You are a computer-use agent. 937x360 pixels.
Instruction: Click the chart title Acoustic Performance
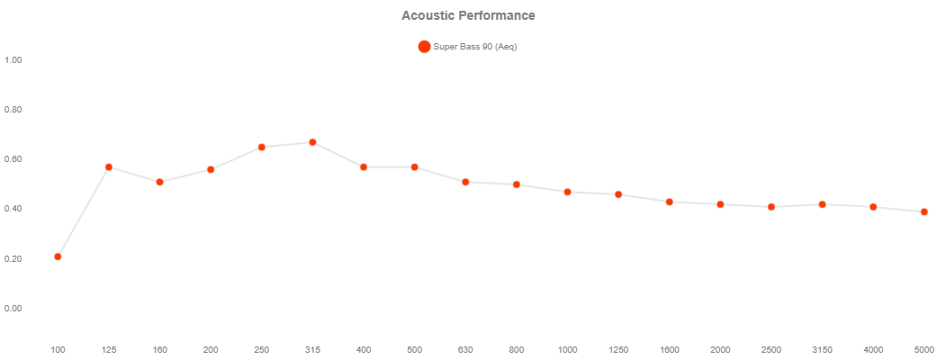click(468, 15)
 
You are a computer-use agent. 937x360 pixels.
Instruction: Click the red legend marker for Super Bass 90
click(424, 47)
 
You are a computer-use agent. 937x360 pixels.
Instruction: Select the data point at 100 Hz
click(58, 256)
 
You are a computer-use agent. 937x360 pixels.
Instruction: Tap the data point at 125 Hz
click(109, 166)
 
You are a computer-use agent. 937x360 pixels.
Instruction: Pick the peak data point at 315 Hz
click(312, 142)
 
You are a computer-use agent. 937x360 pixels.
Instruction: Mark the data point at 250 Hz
click(262, 147)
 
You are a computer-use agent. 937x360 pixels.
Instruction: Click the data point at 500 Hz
click(414, 166)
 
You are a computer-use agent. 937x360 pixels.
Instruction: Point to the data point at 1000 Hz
click(567, 192)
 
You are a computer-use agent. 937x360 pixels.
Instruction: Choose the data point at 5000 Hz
click(924, 211)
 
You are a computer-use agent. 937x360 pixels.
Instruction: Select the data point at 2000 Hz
click(720, 204)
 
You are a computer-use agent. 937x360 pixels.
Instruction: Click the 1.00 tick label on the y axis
click(13, 60)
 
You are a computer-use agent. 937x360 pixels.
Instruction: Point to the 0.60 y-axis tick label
click(13, 159)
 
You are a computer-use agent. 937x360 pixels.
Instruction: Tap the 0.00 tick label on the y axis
click(13, 309)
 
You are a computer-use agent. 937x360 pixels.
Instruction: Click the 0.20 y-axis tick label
click(13, 259)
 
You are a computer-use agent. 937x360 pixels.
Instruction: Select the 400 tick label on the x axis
click(364, 349)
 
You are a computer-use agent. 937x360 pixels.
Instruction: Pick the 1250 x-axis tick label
click(618, 349)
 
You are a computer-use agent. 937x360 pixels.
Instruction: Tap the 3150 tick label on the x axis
click(823, 349)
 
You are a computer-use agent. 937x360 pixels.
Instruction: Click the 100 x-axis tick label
click(58, 349)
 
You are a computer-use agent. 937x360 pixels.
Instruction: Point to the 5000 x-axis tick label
click(923, 349)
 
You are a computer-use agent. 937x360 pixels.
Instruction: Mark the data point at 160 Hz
click(159, 182)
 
